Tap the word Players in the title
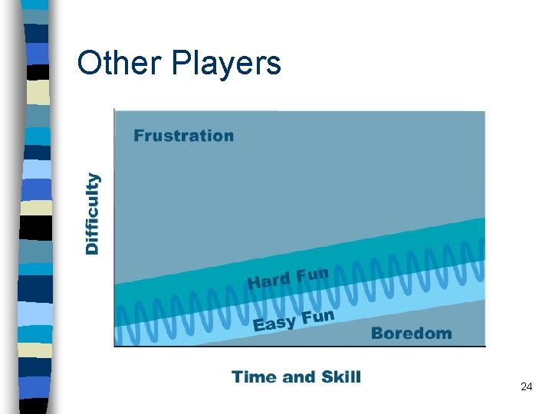pos(226,64)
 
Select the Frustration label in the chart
pos(183,136)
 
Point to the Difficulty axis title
pos(92,213)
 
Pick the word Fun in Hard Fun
pos(312,274)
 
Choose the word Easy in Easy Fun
pos(274,323)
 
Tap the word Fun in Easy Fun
pos(318,316)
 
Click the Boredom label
pos(411,333)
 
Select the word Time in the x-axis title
pos(254,376)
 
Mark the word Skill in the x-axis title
pos(337,376)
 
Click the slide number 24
pos(526,387)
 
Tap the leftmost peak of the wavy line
pos(120,306)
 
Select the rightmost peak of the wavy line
pos(480,242)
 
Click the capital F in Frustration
pos(139,136)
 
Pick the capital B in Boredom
pos(376,333)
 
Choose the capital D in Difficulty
pos(92,248)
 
